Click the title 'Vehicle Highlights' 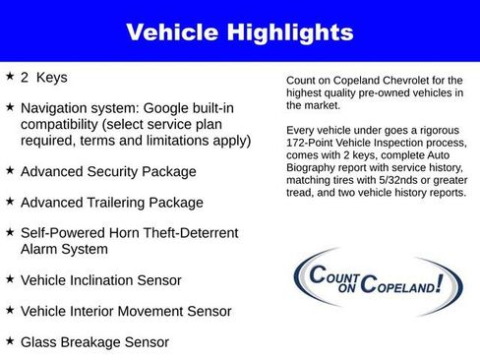point(240,32)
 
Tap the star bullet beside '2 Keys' point(10,75)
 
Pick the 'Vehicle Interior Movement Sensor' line point(126,311)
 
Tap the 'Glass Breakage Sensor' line point(94,342)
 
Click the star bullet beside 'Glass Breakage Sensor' point(10,340)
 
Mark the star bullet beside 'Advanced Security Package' point(10,170)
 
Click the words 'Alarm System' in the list point(65,249)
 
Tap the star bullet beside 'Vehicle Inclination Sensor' point(10,279)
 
